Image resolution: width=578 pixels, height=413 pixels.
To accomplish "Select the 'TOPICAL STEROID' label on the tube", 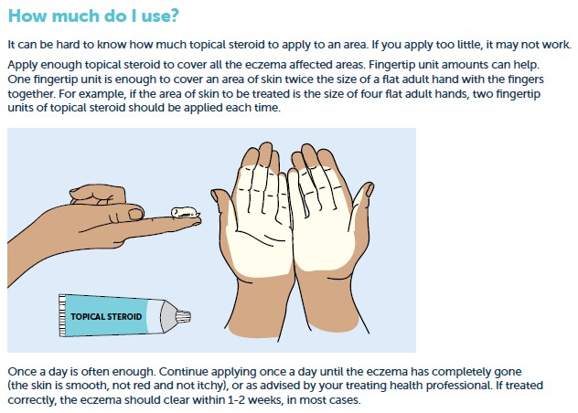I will click(106, 316).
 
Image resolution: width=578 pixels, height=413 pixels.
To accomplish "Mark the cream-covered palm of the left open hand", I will click(260, 219).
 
